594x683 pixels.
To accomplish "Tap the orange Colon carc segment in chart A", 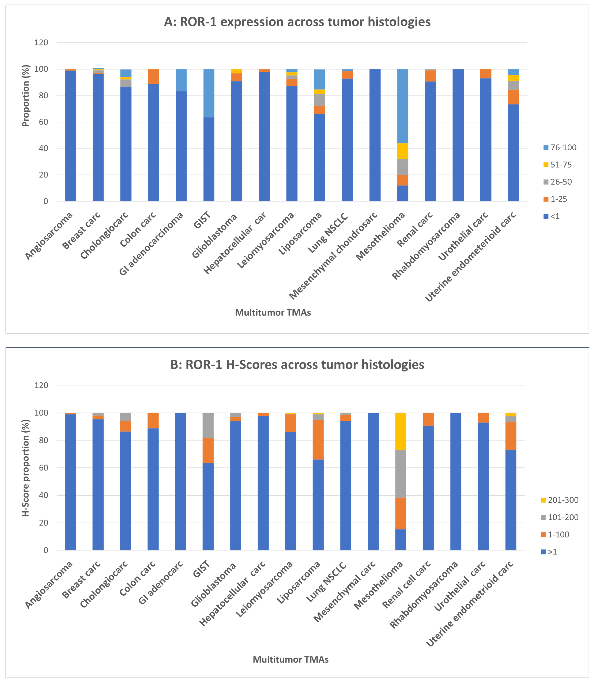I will [153, 76].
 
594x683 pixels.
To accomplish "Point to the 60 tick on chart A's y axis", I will [43, 122].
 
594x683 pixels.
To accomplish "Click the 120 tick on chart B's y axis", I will [41, 385].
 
